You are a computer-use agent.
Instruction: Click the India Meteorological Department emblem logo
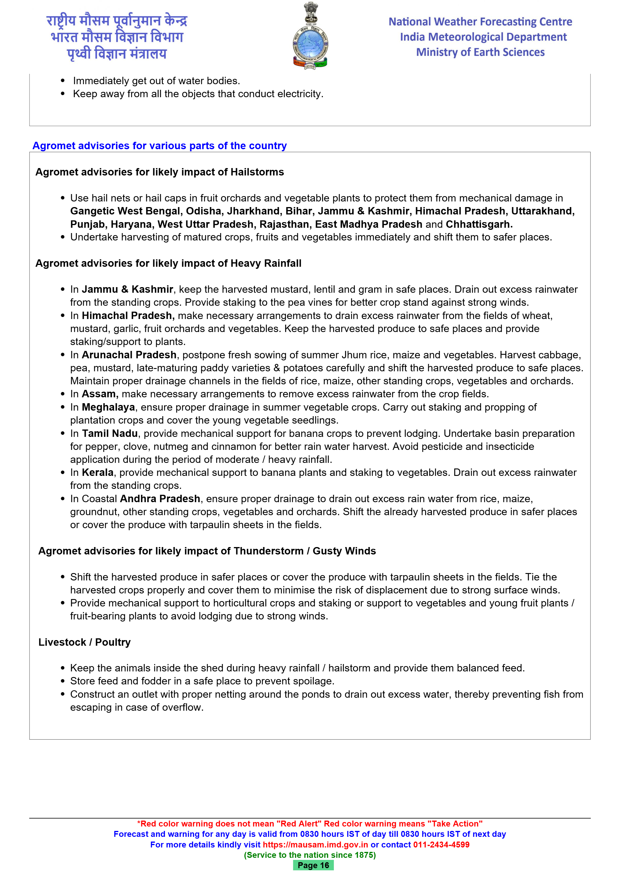[310, 36]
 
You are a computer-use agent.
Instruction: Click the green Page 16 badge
[313, 865]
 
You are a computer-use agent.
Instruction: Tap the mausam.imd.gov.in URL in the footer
[315, 845]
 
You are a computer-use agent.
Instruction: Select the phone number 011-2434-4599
[441, 845]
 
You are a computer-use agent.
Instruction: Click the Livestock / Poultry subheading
[84, 642]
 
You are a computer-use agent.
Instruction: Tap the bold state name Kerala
[98, 473]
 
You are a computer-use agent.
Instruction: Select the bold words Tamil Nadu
[110, 434]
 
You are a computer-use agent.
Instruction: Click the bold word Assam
[100, 394]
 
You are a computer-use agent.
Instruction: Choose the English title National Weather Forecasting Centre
[480, 22]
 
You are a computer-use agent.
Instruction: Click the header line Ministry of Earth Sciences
[480, 52]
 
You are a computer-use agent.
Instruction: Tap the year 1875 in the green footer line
[363, 855]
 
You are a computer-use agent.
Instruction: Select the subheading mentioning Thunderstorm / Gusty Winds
[207, 551]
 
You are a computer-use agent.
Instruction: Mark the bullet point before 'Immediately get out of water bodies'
[63, 81]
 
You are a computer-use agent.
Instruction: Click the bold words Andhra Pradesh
[160, 499]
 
